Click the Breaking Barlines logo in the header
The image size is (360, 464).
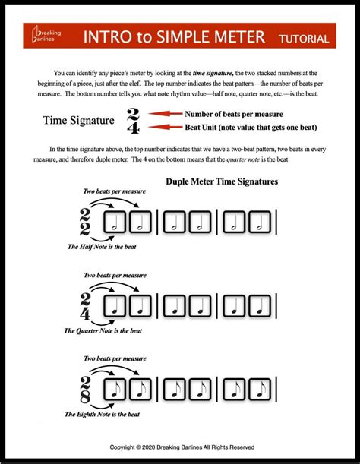[49, 37]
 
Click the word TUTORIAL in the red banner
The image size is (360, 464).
[303, 38]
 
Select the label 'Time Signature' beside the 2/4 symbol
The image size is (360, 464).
[78, 121]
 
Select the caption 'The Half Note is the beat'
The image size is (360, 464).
[101, 247]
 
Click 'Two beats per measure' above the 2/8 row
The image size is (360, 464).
[113, 358]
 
